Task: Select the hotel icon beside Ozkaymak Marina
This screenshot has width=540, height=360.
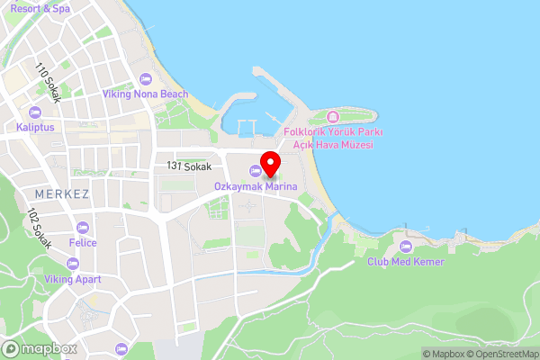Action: pyautogui.click(x=256, y=172)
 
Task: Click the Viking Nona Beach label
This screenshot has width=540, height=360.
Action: pyautogui.click(x=147, y=94)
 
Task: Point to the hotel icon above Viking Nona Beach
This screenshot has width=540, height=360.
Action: pyautogui.click(x=147, y=79)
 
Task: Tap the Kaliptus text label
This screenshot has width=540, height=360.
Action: pyautogui.click(x=35, y=127)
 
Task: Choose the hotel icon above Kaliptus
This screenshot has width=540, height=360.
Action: pyautogui.click(x=35, y=112)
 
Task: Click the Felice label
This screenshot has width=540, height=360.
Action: pyautogui.click(x=83, y=243)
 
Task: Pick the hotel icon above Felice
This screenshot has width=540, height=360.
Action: pyautogui.click(x=83, y=228)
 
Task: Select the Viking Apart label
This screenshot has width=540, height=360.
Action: pyautogui.click(x=73, y=279)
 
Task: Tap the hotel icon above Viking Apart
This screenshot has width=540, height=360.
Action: pyautogui.click(x=73, y=264)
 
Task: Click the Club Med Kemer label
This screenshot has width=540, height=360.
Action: pyautogui.click(x=405, y=261)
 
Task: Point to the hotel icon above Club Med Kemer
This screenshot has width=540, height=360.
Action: pyautogui.click(x=405, y=246)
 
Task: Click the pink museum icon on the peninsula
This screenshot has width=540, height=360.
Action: pyautogui.click(x=333, y=117)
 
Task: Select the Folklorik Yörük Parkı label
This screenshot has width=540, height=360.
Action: pyautogui.click(x=333, y=132)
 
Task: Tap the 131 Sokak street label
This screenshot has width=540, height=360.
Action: pyautogui.click(x=189, y=166)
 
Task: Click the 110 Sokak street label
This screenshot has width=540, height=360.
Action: pyautogui.click(x=48, y=82)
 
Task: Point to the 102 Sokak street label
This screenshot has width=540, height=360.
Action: pyautogui.click(x=40, y=229)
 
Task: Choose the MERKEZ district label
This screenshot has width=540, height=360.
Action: pyautogui.click(x=60, y=194)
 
